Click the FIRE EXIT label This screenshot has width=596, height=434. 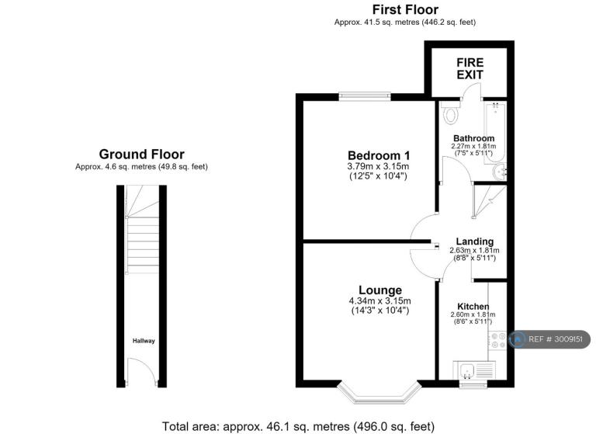point(470,68)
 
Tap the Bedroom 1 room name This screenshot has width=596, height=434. point(379,155)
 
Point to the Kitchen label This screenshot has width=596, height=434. point(473,307)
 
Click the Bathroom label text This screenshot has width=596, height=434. point(474,138)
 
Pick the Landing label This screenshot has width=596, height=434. point(475,241)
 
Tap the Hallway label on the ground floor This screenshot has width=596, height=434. point(144,341)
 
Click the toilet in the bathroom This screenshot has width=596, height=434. point(451,113)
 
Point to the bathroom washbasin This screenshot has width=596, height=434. point(499,172)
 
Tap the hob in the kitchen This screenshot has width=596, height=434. point(497,340)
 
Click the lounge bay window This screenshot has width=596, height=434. point(379,392)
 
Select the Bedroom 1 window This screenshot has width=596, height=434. point(365,96)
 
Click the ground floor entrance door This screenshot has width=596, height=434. point(141,372)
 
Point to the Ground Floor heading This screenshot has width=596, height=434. point(142,154)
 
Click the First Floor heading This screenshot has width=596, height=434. point(405,9)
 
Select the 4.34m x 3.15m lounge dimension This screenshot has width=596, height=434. point(379,301)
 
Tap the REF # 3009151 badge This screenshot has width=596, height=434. point(549,339)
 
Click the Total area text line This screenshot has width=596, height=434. point(298,426)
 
